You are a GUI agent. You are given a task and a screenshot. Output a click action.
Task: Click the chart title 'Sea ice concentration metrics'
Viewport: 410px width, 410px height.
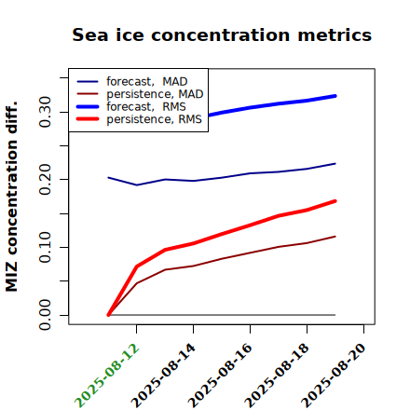click(x=222, y=34)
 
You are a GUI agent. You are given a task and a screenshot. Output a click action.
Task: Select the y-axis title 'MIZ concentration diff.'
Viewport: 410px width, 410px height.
click(x=11, y=197)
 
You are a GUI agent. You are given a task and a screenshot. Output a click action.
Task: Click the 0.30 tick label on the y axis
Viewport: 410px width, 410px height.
click(x=45, y=112)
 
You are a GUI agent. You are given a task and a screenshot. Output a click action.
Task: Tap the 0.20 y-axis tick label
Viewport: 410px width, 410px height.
click(x=45, y=180)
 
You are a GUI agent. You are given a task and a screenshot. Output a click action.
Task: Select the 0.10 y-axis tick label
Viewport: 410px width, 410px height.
click(x=45, y=247)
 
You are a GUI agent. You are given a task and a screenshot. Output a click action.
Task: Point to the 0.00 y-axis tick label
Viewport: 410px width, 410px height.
click(x=45, y=315)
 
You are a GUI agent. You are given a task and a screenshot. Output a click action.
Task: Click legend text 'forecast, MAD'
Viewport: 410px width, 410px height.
click(x=147, y=82)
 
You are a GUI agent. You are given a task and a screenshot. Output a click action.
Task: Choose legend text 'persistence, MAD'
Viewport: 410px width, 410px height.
click(x=155, y=94)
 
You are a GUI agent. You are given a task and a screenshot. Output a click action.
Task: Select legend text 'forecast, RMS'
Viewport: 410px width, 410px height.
click(x=146, y=106)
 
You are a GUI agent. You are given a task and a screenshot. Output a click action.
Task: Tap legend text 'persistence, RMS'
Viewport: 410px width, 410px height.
click(x=154, y=119)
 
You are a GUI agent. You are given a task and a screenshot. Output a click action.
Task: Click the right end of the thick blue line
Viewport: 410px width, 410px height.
click(x=335, y=96)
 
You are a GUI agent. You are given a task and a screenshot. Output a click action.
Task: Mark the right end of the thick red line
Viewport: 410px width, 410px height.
click(x=335, y=201)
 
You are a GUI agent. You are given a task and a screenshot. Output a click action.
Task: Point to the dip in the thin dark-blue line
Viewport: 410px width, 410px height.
click(x=137, y=184)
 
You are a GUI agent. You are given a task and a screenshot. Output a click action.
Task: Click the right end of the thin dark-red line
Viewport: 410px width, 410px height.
click(x=335, y=237)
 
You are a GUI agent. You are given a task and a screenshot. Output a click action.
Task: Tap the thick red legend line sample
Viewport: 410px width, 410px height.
click(x=88, y=119)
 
